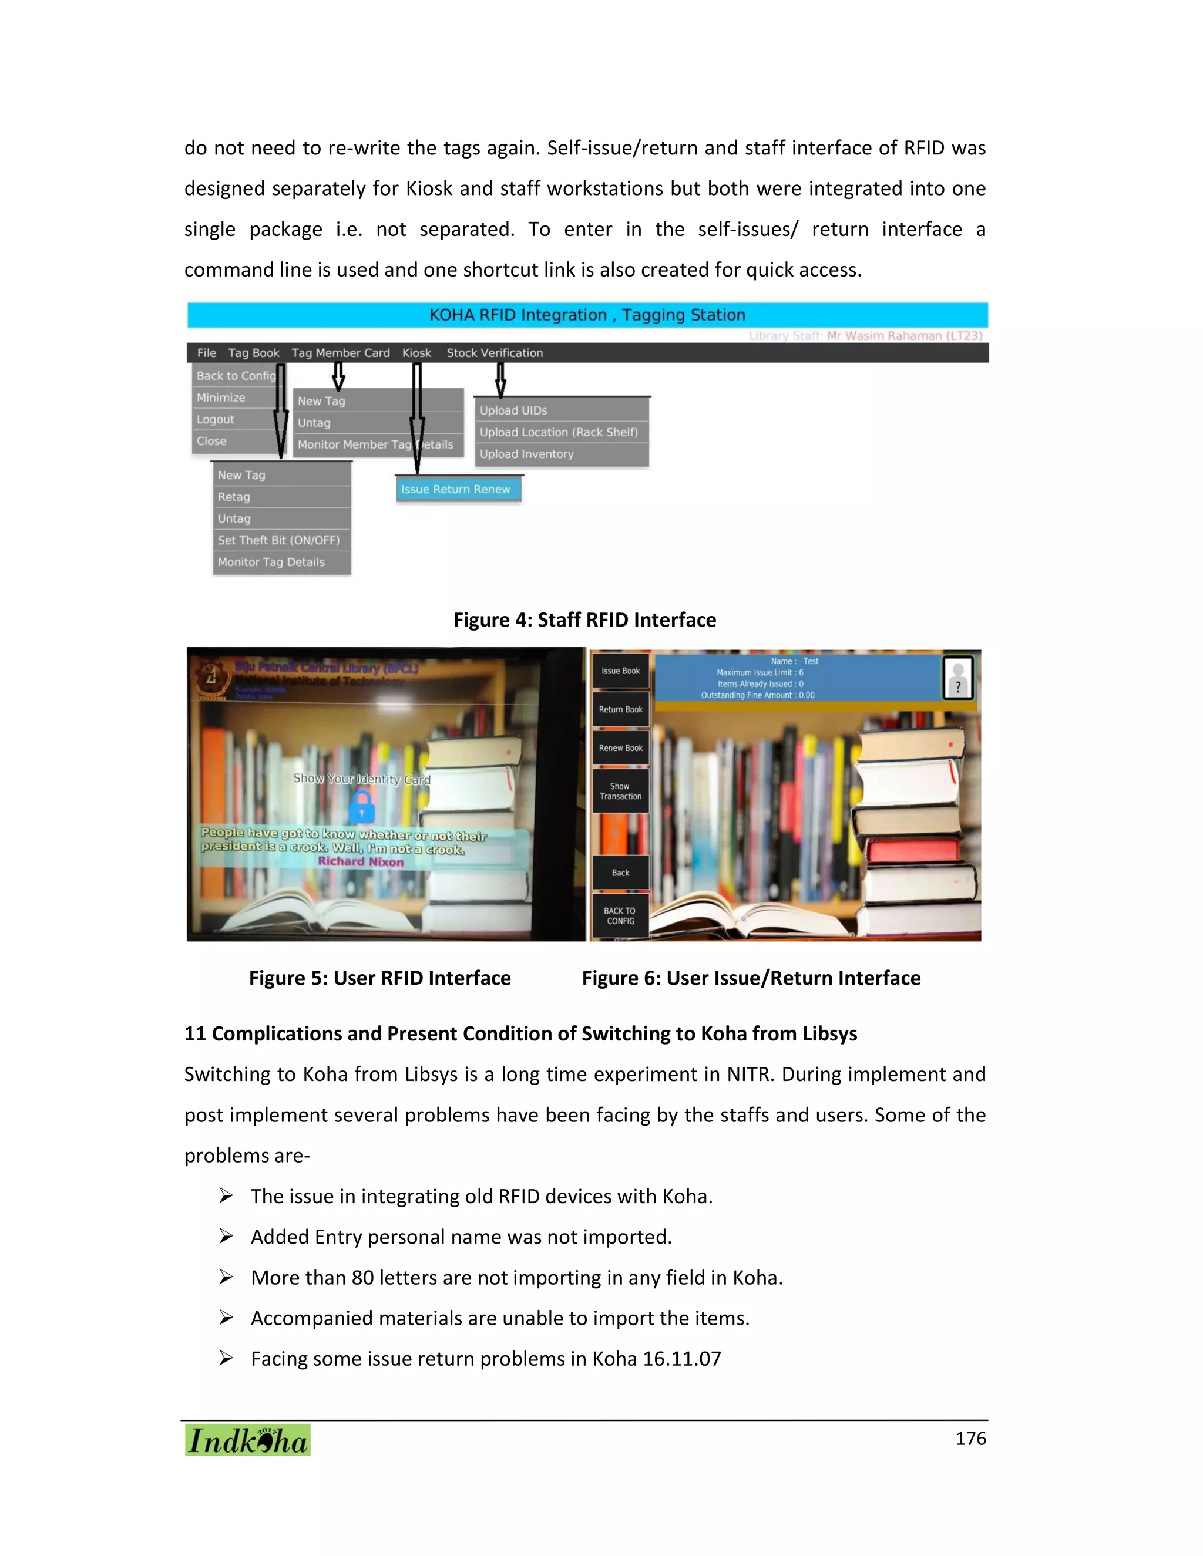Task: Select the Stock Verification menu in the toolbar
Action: click(495, 353)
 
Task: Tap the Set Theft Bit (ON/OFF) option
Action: click(278, 540)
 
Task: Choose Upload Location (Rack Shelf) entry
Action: click(559, 432)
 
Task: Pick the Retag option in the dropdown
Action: click(234, 497)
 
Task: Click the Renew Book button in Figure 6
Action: click(621, 748)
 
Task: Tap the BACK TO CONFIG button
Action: click(620, 916)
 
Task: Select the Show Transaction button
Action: click(621, 792)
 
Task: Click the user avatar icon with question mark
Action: click(958, 678)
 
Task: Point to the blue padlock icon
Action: click(362, 807)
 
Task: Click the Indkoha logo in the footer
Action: click(248, 1440)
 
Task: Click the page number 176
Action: click(970, 1439)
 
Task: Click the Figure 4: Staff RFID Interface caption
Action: click(584, 620)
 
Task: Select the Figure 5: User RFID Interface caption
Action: click(380, 978)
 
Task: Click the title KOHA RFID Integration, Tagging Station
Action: click(587, 315)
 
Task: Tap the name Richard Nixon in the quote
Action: click(361, 862)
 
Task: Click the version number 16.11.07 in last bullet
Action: click(681, 1359)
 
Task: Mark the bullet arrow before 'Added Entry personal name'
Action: click(226, 1236)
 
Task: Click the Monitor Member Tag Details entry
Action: click(375, 444)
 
